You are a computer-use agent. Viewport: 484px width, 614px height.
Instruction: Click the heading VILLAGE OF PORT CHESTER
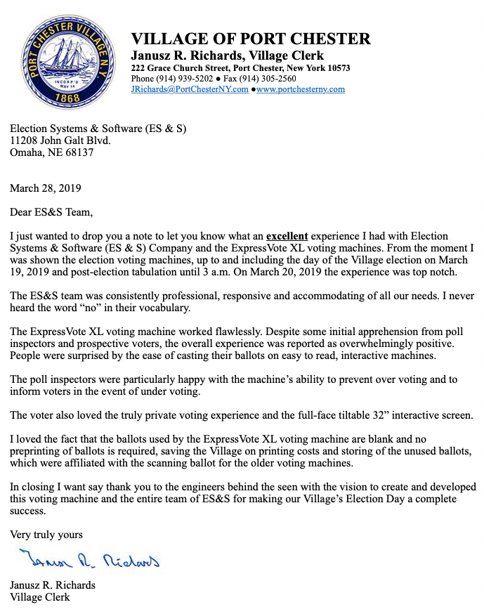coord(251,39)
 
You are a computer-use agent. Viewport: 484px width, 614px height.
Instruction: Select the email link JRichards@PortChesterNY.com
coord(190,89)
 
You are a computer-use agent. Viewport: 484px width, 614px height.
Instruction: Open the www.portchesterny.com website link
coord(301,89)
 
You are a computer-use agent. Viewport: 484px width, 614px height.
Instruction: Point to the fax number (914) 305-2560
coord(259,79)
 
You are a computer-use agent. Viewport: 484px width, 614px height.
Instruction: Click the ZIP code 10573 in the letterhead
coord(336,68)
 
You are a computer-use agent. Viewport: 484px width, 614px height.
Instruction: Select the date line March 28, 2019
coord(45,188)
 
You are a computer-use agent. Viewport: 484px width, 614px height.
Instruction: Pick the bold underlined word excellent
coord(287,236)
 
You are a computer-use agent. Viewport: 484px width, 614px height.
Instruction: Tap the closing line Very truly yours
coord(46,535)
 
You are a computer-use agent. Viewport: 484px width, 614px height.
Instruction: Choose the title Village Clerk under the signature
coord(40,597)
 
